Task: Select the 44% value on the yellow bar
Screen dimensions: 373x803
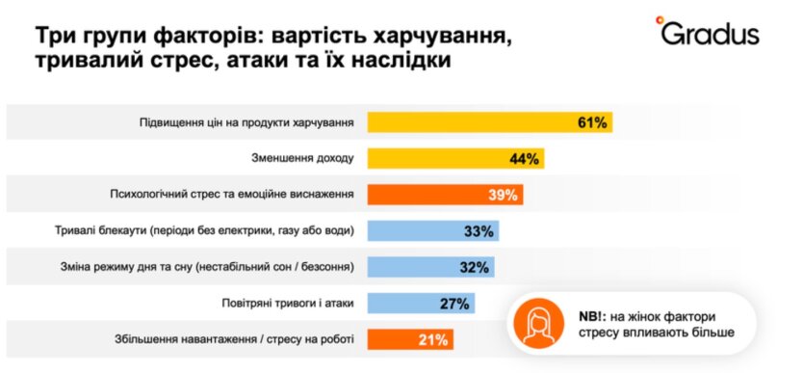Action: pos(525,159)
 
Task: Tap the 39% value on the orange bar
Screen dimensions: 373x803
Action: pos(503,195)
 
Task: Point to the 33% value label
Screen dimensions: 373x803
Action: pos(479,231)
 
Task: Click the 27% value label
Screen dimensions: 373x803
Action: pos(453,303)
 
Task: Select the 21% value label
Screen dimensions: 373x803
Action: pos(434,339)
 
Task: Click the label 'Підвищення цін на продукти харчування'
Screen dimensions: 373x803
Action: pos(245,122)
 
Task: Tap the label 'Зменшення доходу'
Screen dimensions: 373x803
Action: pos(302,159)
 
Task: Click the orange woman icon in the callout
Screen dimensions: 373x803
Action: pos(537,325)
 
